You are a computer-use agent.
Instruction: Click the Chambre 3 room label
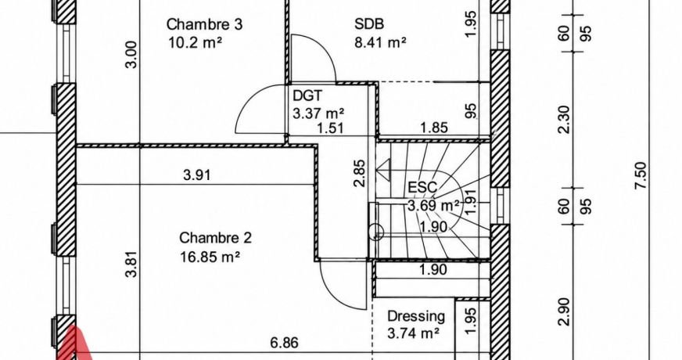coord(204,24)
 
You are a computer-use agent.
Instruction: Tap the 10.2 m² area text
coord(196,43)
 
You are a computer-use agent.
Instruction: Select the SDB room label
coord(369,24)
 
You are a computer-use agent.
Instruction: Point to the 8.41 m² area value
coord(381,43)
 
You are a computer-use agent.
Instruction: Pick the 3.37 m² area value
coord(319,113)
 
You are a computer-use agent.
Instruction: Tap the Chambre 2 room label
coord(216,238)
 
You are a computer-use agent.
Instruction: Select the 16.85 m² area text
coord(210,257)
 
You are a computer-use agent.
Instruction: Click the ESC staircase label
coord(422,187)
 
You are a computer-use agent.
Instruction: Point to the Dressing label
coord(416,316)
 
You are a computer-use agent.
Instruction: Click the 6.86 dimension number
coord(285,343)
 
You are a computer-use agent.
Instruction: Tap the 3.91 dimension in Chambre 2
coord(197,175)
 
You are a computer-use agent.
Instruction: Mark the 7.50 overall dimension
coord(641,175)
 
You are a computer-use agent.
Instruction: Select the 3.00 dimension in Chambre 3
coord(133,55)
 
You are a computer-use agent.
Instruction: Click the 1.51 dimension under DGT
coord(330,128)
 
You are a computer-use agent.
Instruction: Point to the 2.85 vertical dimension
coord(360,173)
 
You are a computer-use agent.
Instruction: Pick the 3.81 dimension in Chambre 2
coord(133,264)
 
